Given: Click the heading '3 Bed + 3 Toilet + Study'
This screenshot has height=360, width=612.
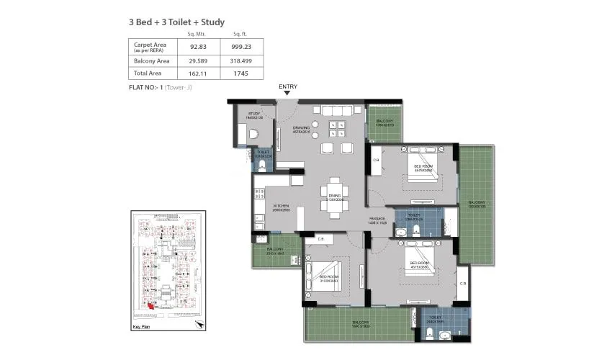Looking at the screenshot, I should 174,22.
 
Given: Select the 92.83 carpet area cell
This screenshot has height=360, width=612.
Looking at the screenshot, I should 193,47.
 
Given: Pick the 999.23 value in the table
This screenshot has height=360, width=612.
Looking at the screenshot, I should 241,47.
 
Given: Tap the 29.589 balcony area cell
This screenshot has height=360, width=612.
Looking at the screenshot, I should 193,61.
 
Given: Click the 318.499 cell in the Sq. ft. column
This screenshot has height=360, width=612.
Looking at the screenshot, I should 241,61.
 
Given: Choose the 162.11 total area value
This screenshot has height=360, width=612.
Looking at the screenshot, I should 193,73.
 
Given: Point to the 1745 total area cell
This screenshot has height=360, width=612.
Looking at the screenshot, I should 241,73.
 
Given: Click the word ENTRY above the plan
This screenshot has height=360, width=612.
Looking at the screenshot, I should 288,86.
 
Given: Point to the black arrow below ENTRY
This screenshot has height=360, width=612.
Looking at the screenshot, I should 288,94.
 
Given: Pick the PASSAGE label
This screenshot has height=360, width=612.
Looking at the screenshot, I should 378,218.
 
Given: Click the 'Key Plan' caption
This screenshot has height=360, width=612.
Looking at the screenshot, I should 141,326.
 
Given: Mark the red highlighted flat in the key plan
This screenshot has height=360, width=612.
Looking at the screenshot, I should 151,305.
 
